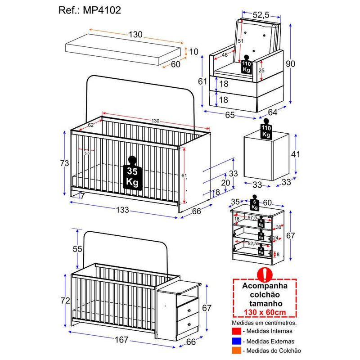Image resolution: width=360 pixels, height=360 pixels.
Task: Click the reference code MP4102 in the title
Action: pyautogui.click(x=103, y=10)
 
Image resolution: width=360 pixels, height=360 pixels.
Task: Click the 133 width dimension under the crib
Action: pyautogui.click(x=122, y=210)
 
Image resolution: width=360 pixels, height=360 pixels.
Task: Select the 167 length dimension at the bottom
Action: pyautogui.click(x=121, y=340)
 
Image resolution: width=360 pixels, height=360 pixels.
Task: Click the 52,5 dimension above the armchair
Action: pyautogui.click(x=261, y=15)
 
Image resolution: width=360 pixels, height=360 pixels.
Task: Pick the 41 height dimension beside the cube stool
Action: pyautogui.click(x=295, y=154)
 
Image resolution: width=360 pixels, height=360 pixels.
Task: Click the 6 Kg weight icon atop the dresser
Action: pyautogui.click(x=255, y=205)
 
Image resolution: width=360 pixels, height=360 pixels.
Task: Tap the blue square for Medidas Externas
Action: pyautogui.click(x=237, y=341)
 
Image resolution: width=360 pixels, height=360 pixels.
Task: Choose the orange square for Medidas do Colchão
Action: pyautogui.click(x=237, y=350)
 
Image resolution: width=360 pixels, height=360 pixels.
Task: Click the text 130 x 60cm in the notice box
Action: pyautogui.click(x=265, y=313)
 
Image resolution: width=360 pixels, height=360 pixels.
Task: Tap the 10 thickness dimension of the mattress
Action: pyautogui.click(x=193, y=52)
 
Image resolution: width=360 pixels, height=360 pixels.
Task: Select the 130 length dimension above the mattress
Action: pyautogui.click(x=135, y=35)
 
